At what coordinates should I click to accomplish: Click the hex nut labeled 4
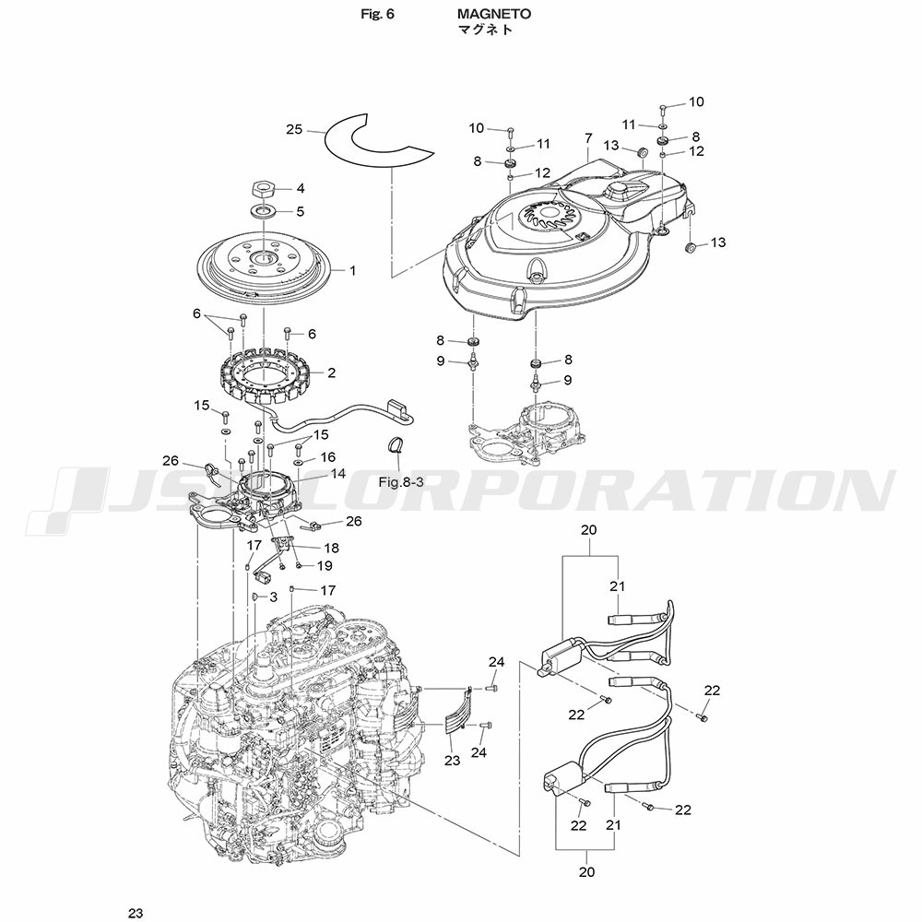(264, 190)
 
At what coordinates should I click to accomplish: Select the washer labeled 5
(263, 209)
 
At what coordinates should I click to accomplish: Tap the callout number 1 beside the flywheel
(353, 271)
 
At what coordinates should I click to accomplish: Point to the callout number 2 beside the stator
(332, 372)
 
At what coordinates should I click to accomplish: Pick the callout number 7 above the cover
(588, 139)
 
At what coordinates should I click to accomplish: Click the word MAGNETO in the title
(494, 14)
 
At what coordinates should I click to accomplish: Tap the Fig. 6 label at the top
(377, 14)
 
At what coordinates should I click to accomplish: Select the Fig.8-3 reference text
(401, 483)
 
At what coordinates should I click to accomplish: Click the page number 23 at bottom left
(136, 913)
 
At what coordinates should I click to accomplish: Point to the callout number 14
(338, 473)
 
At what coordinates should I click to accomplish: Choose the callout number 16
(327, 457)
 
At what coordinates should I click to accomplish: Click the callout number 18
(332, 548)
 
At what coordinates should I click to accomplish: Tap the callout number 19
(325, 566)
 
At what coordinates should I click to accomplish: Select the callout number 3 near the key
(273, 597)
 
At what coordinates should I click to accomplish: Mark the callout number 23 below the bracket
(452, 761)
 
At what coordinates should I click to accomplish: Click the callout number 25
(294, 129)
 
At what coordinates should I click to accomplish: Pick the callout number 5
(301, 211)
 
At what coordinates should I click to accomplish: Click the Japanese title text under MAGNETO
(486, 30)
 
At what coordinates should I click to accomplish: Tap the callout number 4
(301, 189)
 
